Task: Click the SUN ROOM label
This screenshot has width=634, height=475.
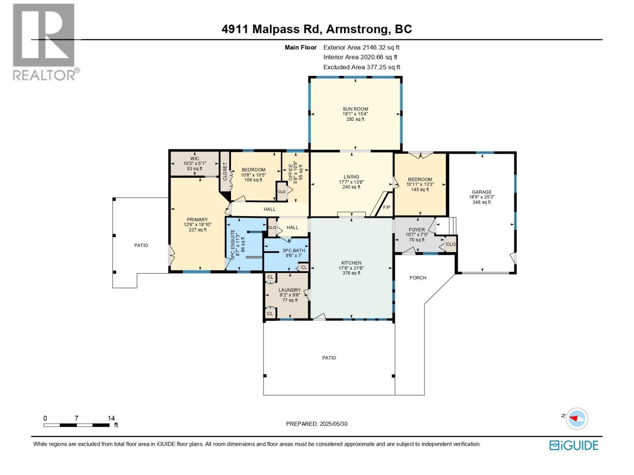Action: (x=355, y=109)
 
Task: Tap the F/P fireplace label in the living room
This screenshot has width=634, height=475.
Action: (x=386, y=207)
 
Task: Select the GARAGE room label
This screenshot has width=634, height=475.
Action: (x=481, y=192)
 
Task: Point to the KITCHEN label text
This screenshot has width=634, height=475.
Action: (x=351, y=263)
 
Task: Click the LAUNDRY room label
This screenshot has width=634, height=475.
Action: (x=290, y=290)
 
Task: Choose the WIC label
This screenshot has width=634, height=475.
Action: (x=194, y=158)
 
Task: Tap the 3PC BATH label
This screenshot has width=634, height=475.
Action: (x=294, y=251)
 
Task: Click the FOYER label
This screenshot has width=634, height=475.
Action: (x=416, y=230)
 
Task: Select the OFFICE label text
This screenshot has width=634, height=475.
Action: (x=290, y=173)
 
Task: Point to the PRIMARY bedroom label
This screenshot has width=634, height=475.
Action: (x=197, y=220)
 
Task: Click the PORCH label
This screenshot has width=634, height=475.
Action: (x=418, y=278)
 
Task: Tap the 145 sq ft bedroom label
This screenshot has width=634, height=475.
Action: (x=420, y=184)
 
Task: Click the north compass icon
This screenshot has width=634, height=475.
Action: (x=577, y=418)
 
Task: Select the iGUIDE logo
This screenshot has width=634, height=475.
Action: (x=573, y=445)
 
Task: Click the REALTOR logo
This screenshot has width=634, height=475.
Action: (x=45, y=42)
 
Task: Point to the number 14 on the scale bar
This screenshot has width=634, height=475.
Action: (x=111, y=418)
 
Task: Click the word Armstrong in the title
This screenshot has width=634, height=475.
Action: (x=356, y=29)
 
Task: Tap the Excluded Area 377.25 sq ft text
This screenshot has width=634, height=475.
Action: (x=361, y=67)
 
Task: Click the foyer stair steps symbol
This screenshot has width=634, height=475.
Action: (x=446, y=226)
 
